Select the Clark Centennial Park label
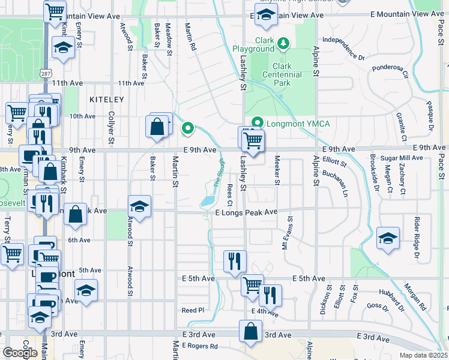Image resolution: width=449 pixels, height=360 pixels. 282,74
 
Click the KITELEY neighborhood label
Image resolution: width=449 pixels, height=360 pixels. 106,99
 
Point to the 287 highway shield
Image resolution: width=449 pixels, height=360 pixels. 46,73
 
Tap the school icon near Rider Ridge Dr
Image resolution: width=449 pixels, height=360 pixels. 388,238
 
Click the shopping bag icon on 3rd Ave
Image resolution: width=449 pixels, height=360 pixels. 250,332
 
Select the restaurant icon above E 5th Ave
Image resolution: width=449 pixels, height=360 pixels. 234,260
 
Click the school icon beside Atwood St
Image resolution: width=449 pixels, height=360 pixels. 139,206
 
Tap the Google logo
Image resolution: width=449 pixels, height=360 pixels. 20,353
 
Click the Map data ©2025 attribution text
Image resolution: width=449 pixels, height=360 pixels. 423,355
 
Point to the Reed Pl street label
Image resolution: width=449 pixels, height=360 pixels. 193,310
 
